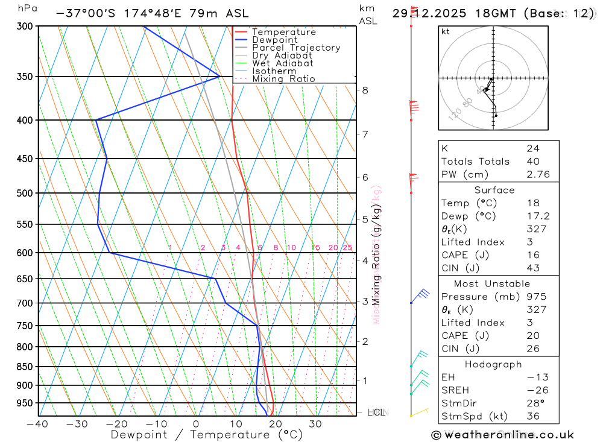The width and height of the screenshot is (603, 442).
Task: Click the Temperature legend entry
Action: (x=283, y=32)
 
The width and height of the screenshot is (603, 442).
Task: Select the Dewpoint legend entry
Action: (x=274, y=40)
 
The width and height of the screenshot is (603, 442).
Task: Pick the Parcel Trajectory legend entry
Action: (x=296, y=48)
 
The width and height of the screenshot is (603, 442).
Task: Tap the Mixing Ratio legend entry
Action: (x=283, y=79)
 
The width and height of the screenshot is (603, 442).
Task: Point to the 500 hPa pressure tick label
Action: (x=25, y=193)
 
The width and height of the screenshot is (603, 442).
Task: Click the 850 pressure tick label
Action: (x=25, y=367)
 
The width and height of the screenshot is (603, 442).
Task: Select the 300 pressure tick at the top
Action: (x=25, y=27)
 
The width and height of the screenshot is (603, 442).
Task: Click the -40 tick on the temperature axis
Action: (x=37, y=424)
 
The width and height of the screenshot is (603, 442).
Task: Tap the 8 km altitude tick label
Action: (x=365, y=90)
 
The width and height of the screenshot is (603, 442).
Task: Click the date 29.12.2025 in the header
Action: (x=422, y=13)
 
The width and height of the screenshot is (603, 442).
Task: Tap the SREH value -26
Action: (x=535, y=390)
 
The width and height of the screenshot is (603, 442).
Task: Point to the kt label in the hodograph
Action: (x=446, y=31)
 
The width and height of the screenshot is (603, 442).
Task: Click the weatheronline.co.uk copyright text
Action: (x=502, y=435)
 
